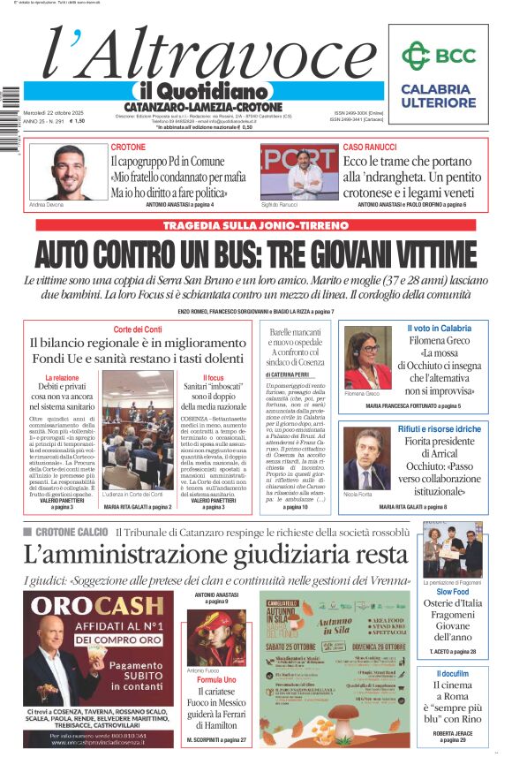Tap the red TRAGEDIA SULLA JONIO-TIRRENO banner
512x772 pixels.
[255, 225]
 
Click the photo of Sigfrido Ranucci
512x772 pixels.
[299, 171]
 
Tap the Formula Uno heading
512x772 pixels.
[216, 679]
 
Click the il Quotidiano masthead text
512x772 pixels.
[202, 91]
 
